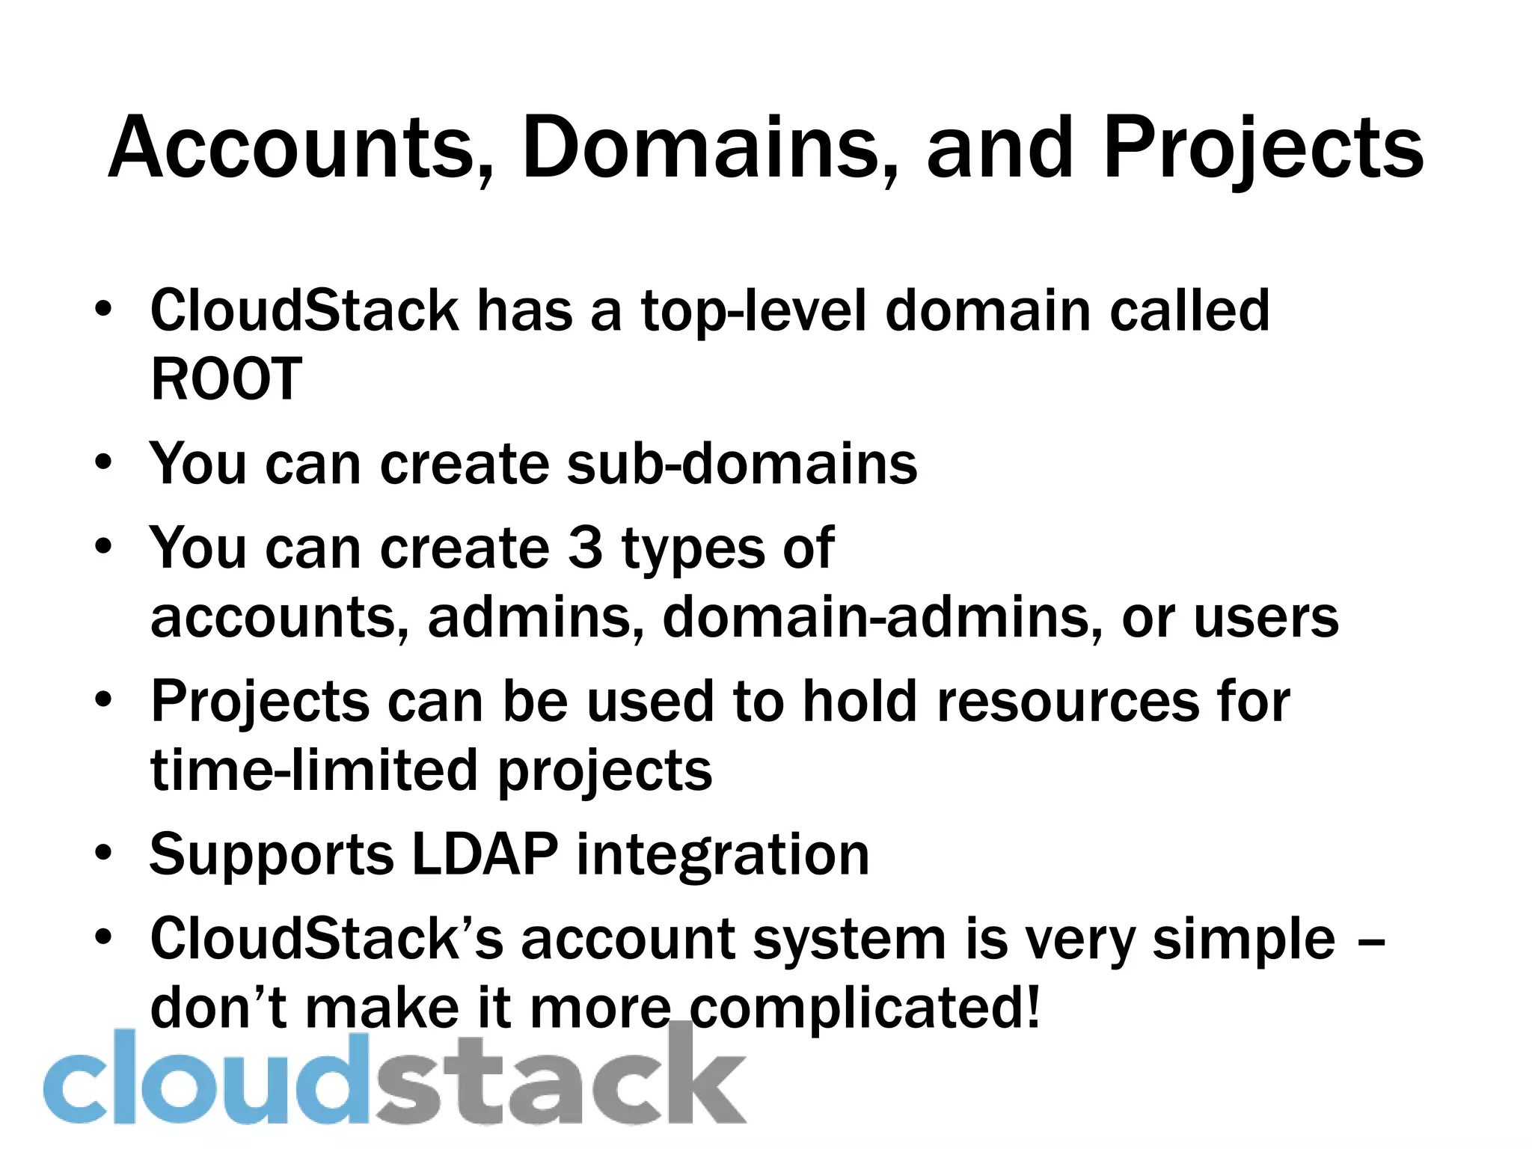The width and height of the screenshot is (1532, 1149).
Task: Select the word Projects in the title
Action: (1263, 150)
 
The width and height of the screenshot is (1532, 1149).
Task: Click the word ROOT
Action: (226, 379)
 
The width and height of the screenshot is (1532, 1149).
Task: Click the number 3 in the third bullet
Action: (585, 548)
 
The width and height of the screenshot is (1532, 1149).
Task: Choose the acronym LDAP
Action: (485, 854)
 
